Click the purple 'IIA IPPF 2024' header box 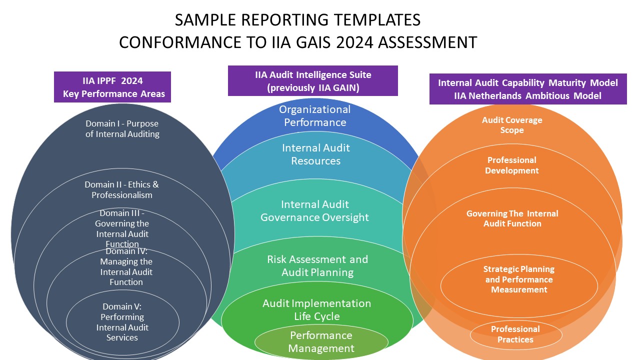(x=112, y=87)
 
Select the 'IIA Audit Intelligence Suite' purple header (x=313, y=81)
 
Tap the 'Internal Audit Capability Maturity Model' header (x=528, y=89)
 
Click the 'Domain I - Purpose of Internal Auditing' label (x=122, y=128)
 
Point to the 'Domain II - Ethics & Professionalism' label (x=121, y=189)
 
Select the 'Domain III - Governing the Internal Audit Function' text (x=122, y=228)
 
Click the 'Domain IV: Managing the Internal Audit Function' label (x=126, y=267)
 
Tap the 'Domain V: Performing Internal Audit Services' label (x=122, y=322)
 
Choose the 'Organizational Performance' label (x=315, y=115)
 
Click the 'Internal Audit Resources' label (x=316, y=154)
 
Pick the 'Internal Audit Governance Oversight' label (x=315, y=210)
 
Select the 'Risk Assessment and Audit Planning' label (x=317, y=265)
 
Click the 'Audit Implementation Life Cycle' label (x=317, y=309)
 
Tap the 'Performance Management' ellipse (x=321, y=342)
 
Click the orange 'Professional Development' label (x=512, y=165)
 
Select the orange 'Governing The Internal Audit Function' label (x=512, y=218)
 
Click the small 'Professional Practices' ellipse (x=515, y=334)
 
